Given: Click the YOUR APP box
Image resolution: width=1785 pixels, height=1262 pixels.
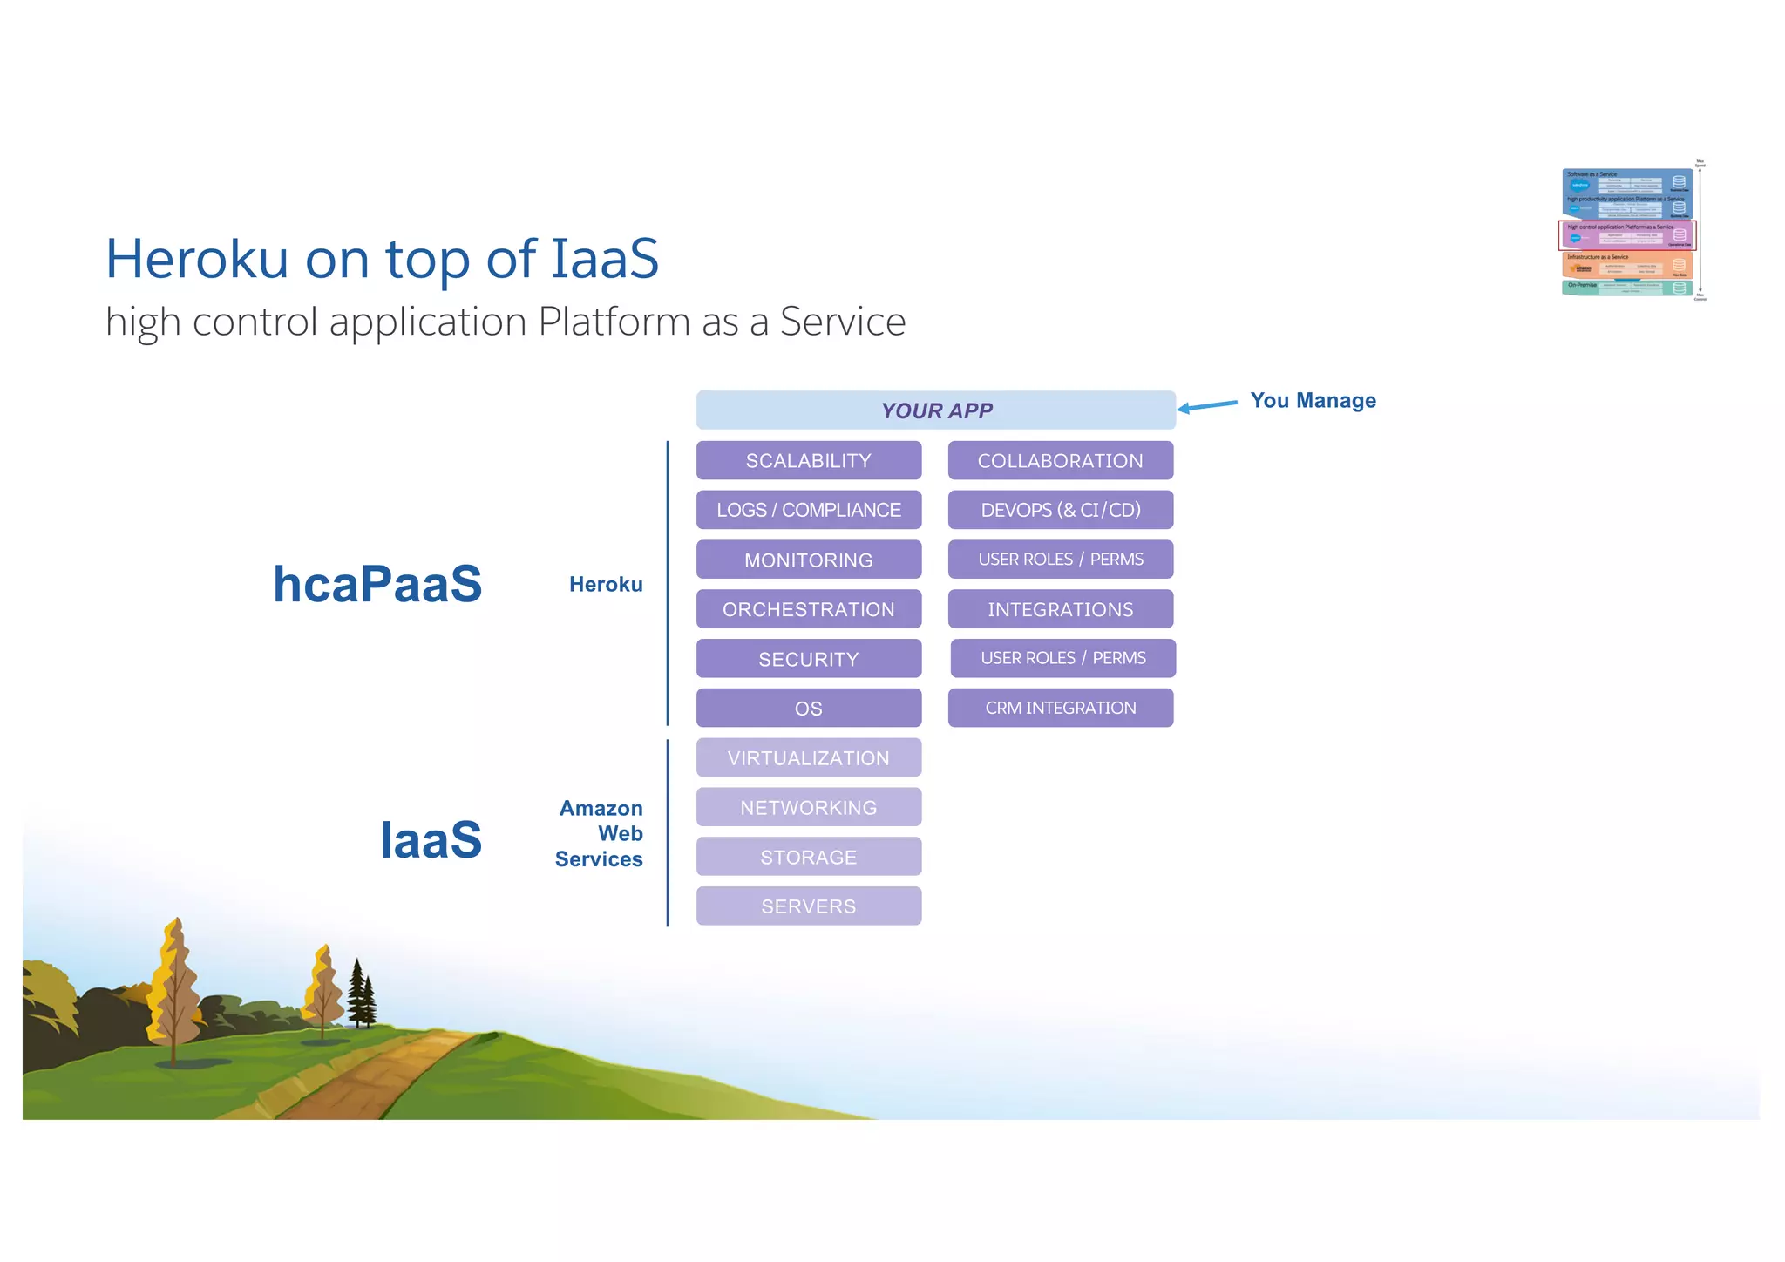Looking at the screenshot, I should pyautogui.click(x=935, y=410).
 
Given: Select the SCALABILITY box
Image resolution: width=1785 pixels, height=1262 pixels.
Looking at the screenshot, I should pyautogui.click(x=808, y=460).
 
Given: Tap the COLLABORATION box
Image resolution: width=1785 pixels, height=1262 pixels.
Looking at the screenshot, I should pyautogui.click(x=1060, y=460).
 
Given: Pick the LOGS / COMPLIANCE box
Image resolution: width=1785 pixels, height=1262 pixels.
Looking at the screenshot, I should pyautogui.click(x=808, y=510).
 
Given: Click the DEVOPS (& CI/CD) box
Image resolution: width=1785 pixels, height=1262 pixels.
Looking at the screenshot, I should pyautogui.click(x=1060, y=510).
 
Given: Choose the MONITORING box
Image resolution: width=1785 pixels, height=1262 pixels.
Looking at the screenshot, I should pyautogui.click(x=808, y=560).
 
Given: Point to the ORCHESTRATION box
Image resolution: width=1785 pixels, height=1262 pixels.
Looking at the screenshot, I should pyautogui.click(x=808, y=609).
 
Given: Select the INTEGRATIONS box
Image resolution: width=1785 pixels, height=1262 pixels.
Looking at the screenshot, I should pyautogui.click(x=1060, y=609).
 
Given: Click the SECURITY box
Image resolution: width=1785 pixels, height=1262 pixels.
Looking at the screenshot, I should pyautogui.click(x=808, y=659).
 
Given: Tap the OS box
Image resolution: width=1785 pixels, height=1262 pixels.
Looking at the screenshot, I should pyautogui.click(x=808, y=709).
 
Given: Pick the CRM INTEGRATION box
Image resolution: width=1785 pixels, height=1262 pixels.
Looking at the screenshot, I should pyautogui.click(x=1060, y=708).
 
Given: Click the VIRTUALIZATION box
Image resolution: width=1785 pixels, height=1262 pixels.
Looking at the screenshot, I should pyautogui.click(x=808, y=758).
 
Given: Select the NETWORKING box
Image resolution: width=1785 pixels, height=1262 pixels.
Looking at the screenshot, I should pyautogui.click(x=808, y=808).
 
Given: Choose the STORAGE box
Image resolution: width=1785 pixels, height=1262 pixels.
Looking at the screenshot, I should pyautogui.click(x=808, y=857).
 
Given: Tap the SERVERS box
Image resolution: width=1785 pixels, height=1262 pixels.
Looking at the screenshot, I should pyautogui.click(x=808, y=906).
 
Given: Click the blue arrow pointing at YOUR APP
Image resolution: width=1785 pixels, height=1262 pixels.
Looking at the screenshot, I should pyautogui.click(x=1207, y=405).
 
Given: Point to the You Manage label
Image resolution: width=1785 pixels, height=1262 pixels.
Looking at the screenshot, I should pyautogui.click(x=1313, y=401).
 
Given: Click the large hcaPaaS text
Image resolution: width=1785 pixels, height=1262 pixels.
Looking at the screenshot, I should pyautogui.click(x=377, y=583).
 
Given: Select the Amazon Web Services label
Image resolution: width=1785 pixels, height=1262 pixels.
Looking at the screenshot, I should pyautogui.click(x=600, y=834).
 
